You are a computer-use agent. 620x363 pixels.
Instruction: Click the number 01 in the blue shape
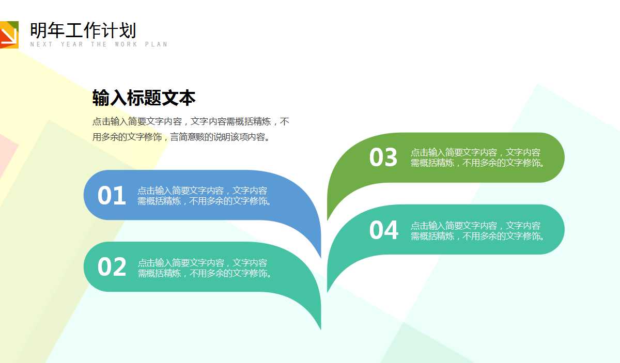pyautogui.click(x=112, y=196)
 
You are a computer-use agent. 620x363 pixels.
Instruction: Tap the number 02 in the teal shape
pyautogui.click(x=112, y=267)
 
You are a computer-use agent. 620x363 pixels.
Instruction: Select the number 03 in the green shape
pyautogui.click(x=383, y=157)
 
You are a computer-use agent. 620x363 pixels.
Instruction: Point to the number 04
pyautogui.click(x=384, y=230)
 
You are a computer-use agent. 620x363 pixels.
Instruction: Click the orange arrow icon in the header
pyautogui.click(x=9, y=35)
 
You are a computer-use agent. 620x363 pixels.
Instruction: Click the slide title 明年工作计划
pyautogui.click(x=83, y=30)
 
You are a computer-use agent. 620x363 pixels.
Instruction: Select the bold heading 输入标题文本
pyautogui.click(x=144, y=98)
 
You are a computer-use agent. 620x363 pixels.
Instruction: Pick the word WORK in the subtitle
pyautogui.click(x=127, y=44)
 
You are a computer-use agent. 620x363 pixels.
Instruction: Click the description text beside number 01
pyautogui.click(x=205, y=196)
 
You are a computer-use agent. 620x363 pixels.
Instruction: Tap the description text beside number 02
pyautogui.click(x=205, y=267)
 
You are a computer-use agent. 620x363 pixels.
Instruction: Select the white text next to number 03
pyautogui.click(x=478, y=157)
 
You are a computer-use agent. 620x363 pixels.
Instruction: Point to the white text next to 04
pyautogui.click(x=478, y=231)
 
